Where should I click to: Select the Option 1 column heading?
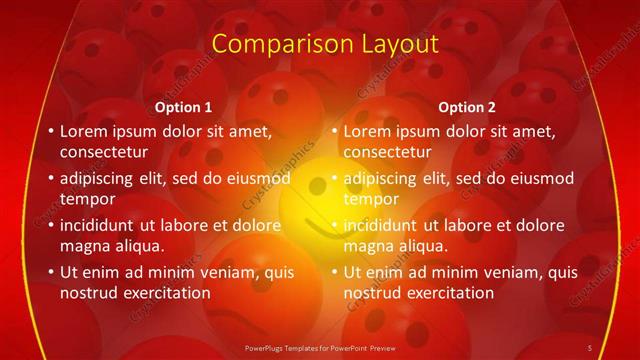click(185, 107)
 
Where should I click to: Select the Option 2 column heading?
click(469, 107)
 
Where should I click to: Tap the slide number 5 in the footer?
click(590, 347)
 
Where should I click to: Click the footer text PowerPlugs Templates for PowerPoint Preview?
click(320, 347)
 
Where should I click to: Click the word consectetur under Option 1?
click(105, 152)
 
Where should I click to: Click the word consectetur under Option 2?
click(389, 152)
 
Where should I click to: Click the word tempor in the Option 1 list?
click(86, 199)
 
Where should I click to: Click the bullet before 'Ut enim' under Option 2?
click(334, 272)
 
